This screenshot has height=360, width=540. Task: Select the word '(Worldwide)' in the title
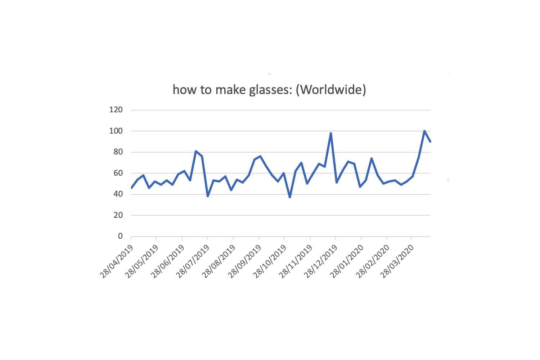coord(330,90)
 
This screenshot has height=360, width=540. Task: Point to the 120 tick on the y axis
coord(116,110)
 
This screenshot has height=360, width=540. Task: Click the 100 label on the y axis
coord(116,131)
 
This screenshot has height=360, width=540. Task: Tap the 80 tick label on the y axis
coord(118,152)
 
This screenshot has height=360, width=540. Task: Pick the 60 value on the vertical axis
coord(118,173)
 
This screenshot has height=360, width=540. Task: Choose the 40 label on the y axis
coord(118,194)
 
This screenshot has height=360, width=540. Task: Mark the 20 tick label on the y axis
coord(118,215)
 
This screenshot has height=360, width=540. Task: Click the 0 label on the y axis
coord(120,236)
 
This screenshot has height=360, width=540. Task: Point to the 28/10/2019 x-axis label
coord(270,261)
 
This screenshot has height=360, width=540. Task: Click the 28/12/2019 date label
coord(321,261)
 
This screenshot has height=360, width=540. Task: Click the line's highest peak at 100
coord(424,131)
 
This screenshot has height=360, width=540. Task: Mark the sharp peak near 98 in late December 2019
coord(330,133)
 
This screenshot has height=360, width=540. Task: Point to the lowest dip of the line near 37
coord(290,197)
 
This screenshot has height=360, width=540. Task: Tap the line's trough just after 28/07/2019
coord(208,196)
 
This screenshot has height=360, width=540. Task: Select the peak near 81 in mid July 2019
coord(196,151)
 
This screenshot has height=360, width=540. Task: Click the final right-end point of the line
coord(430,141)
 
